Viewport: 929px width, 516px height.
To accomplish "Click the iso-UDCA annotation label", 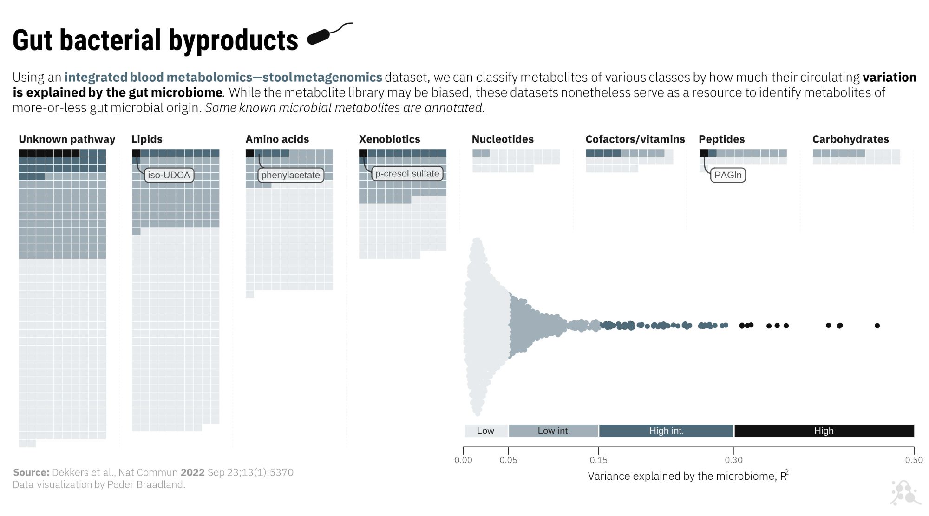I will [169, 175].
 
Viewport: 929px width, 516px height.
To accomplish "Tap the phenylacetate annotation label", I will [290, 175].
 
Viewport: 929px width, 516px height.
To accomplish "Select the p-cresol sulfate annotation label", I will [407, 174].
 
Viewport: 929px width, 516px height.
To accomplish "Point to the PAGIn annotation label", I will [728, 175].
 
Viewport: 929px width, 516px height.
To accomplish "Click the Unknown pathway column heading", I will [67, 139].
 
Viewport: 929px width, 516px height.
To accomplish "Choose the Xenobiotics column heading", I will [389, 139].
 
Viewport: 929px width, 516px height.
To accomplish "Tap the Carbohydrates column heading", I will [850, 139].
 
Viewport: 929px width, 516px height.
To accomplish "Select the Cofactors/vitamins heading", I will [635, 139].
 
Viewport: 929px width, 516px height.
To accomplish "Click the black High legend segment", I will [824, 431].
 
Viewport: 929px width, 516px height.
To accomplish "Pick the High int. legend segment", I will [666, 431].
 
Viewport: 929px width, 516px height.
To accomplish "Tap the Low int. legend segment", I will [553, 431].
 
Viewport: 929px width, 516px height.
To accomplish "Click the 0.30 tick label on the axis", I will [733, 460].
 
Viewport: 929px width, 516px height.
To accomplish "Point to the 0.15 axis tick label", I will [598, 460].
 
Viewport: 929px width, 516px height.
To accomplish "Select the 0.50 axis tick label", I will [914, 460].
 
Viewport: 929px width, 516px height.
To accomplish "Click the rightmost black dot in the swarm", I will [877, 326].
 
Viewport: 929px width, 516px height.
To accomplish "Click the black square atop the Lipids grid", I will [136, 153].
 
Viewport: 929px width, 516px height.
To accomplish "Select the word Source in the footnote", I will [31, 472].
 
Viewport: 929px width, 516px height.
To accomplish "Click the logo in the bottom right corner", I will [904, 493].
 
